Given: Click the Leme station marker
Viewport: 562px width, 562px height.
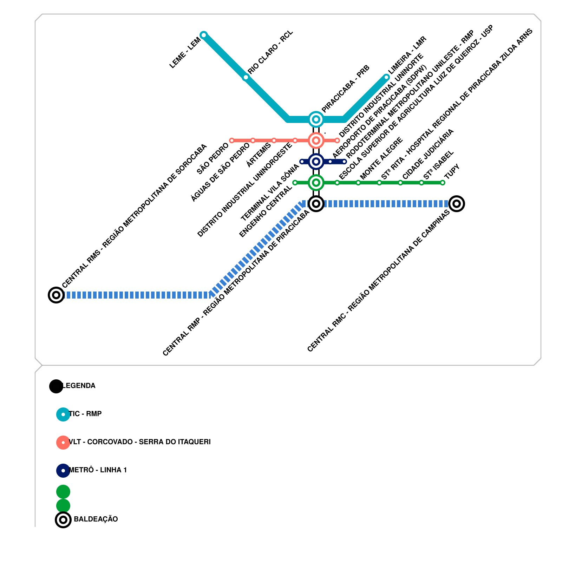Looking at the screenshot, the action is (203, 35).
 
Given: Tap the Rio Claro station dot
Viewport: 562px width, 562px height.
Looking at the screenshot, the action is (246, 77).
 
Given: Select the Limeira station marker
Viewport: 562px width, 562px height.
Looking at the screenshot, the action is (386, 77).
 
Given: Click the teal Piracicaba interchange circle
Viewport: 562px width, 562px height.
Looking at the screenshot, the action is (316, 119).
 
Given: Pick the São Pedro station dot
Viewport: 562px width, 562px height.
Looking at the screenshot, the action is (232, 140).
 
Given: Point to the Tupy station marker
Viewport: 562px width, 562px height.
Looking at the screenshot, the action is (443, 183).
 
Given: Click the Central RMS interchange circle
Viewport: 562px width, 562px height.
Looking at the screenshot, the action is (56, 295).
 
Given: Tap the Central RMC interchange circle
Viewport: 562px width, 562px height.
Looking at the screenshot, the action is (456, 204).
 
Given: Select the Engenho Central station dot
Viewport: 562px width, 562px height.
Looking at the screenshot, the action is (295, 183).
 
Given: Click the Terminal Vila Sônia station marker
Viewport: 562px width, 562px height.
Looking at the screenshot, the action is (302, 162).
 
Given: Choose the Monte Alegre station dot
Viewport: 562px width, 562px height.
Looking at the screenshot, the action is (358, 183).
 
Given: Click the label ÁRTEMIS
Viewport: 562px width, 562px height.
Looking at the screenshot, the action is (259, 155).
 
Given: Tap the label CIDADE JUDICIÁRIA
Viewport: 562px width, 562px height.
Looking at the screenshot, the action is (428, 154).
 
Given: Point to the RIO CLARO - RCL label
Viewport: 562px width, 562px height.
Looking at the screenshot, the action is (270, 52).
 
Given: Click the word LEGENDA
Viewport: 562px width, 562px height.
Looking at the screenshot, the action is (79, 386).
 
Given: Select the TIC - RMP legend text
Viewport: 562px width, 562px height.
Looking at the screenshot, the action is (85, 414).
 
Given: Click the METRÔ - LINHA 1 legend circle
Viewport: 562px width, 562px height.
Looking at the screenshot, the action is (63, 470).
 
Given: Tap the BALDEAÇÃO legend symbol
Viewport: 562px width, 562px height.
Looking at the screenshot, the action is (63, 519).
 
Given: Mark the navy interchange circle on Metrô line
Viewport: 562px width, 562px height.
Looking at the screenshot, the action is (316, 162).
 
